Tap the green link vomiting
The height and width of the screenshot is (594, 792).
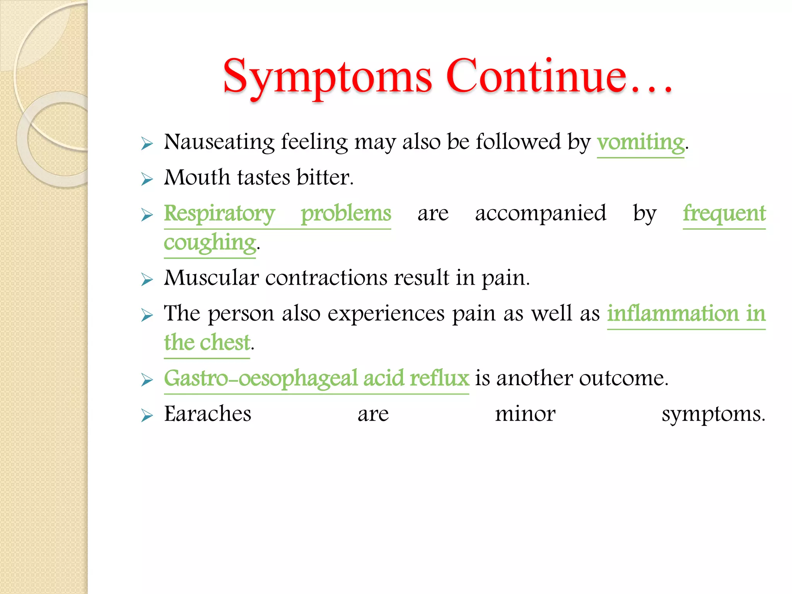pos(640,142)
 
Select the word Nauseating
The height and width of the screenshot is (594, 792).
pos(219,142)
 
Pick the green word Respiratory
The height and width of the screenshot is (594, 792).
pos(219,214)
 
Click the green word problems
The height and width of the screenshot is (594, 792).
pos(346,213)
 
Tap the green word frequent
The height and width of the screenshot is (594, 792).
pos(724,214)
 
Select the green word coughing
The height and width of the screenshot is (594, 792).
pos(210,243)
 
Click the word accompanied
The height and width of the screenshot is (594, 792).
pos(540,213)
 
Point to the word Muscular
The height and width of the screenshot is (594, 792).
pos(211,278)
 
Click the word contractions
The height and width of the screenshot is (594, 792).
pos(326,278)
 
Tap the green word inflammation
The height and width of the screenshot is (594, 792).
pos(673,313)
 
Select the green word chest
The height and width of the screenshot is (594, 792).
pos(225,343)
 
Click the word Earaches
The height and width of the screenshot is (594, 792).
pos(208,414)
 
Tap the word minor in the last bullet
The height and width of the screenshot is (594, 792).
pos(525,414)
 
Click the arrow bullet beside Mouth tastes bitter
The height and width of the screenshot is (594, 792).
pos(147,179)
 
